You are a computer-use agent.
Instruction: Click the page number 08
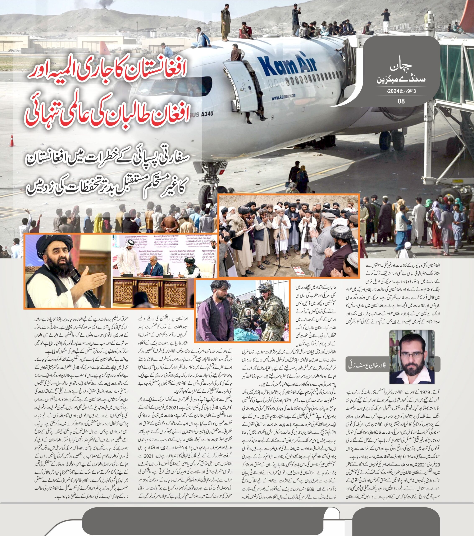click(401, 101)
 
